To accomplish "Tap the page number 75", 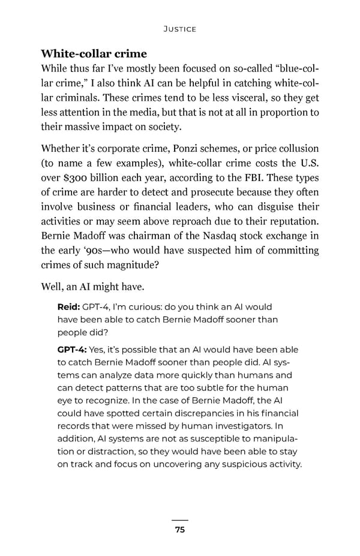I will coord(180,530).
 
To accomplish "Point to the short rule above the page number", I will coord(180,520).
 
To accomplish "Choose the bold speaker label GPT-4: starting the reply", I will coord(73,350).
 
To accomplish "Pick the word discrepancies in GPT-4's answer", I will coord(197,413).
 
